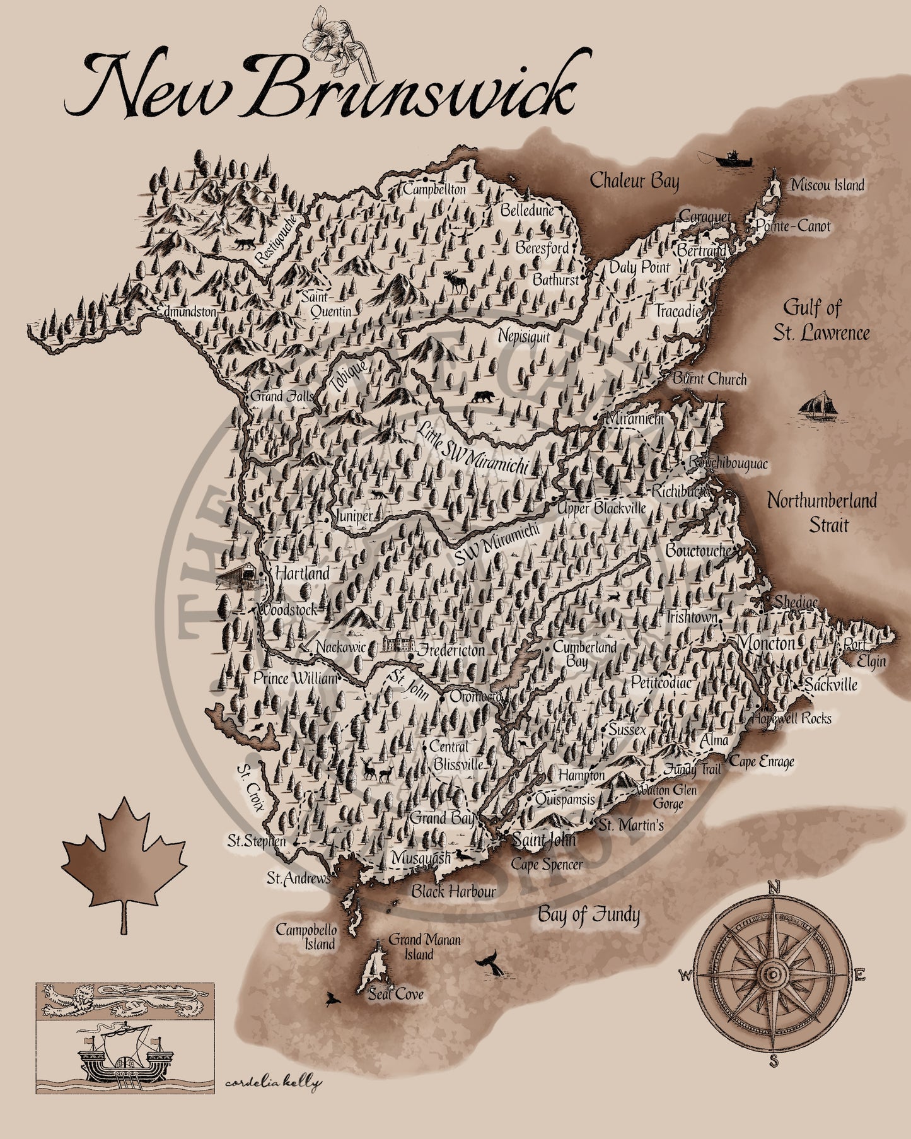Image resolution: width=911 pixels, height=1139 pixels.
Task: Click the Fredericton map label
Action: [452, 650]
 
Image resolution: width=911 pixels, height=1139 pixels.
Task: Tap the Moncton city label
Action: [765, 644]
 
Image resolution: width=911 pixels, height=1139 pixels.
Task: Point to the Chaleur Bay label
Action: [634, 181]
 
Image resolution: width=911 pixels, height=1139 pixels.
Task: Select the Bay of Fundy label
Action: [588, 914]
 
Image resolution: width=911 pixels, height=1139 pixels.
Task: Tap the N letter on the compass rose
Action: [774, 888]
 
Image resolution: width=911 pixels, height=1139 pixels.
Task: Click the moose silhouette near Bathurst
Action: [457, 282]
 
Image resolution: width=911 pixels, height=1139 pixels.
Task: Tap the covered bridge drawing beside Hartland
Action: [238, 575]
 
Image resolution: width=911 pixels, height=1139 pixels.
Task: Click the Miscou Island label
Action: [827, 185]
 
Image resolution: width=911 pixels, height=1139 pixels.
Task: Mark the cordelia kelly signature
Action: [272, 1083]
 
